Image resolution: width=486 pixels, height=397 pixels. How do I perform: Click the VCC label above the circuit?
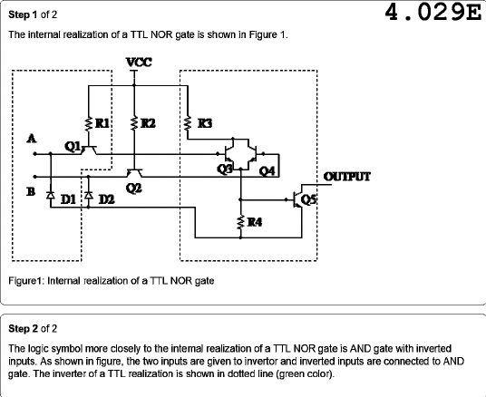[x=139, y=63]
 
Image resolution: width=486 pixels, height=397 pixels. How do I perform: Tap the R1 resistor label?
[x=102, y=123]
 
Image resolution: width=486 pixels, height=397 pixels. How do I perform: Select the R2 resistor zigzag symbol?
[x=134, y=123]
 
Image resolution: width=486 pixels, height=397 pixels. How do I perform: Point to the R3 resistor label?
[x=205, y=123]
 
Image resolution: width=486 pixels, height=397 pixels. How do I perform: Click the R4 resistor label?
[x=255, y=222]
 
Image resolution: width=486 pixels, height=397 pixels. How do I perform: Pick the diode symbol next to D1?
[x=51, y=195]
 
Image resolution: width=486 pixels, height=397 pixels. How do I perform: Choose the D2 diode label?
[x=106, y=200]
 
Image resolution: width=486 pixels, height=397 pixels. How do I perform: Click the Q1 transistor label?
[x=73, y=147]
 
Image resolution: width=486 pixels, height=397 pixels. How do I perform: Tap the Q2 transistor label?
[x=134, y=189]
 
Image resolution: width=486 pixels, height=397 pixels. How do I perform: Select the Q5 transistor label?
[x=308, y=200]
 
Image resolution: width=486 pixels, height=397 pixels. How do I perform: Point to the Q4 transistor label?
[x=267, y=170]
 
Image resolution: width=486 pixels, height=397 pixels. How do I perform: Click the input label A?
[x=32, y=139]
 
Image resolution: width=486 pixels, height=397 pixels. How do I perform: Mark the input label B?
[x=31, y=192]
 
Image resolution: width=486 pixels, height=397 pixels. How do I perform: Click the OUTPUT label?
[x=347, y=177]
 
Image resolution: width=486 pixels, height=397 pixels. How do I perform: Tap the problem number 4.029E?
[x=433, y=13]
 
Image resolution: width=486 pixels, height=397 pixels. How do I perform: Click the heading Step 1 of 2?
[x=33, y=15]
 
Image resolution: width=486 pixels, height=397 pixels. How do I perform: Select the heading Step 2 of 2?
[x=33, y=328]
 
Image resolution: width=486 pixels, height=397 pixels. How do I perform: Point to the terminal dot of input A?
[x=35, y=154]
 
